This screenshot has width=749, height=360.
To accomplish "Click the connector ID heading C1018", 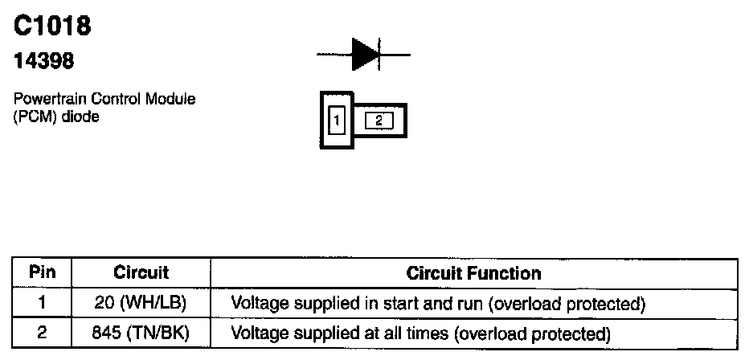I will (52, 26).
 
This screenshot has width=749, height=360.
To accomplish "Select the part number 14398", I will (41, 61).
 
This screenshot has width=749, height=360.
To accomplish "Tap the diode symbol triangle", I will (365, 55).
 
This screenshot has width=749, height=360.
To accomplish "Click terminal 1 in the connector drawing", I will (338, 121).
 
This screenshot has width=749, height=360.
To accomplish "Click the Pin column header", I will (42, 272).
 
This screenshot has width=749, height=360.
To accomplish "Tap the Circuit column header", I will (141, 272).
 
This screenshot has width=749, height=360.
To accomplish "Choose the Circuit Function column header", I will (473, 272).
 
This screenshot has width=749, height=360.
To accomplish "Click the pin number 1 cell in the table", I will (42, 304).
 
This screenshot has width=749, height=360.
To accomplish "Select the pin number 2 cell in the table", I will (42, 331).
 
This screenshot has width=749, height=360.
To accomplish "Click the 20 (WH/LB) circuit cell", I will (141, 304).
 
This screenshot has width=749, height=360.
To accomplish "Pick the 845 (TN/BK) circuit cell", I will (141, 331).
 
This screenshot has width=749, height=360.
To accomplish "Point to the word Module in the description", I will (174, 100).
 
